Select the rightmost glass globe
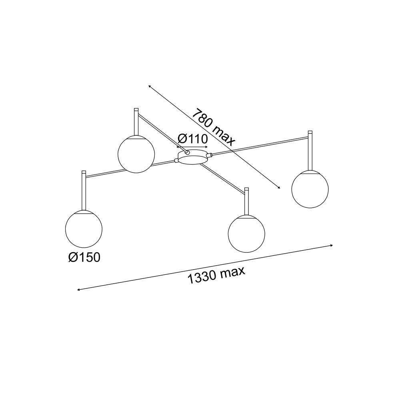tap(310, 189)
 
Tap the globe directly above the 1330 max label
tap(246, 234)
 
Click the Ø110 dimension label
tap(192, 139)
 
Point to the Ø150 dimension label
tap(84, 257)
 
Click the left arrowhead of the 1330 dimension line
tap(78, 289)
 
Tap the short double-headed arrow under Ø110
tap(192, 147)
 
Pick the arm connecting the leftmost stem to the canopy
tap(108, 172)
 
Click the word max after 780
tap(224, 134)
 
